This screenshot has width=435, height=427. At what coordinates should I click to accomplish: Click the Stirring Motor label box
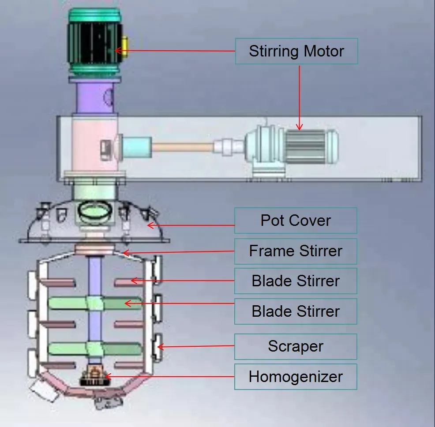(x=296, y=51)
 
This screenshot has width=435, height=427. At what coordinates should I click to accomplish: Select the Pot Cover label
(x=295, y=221)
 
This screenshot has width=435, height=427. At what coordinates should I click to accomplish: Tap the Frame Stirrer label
(x=295, y=251)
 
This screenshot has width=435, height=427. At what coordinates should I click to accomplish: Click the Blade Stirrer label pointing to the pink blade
(x=295, y=281)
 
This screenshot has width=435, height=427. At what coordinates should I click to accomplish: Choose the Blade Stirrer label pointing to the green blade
(x=295, y=311)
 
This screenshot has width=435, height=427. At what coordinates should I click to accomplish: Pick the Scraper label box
(x=295, y=346)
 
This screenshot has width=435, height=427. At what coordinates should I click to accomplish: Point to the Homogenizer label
(x=295, y=377)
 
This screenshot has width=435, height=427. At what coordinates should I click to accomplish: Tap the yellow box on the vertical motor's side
(x=124, y=47)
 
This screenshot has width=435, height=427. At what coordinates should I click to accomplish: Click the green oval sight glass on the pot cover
(x=94, y=211)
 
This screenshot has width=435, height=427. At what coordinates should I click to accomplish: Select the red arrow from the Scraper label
(x=196, y=347)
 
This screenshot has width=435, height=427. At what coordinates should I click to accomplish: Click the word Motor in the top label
(x=322, y=51)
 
